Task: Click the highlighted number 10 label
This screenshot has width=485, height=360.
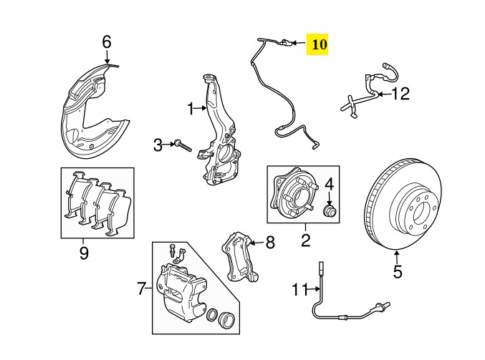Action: pos(318,44)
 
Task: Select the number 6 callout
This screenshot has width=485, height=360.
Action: pos(107,42)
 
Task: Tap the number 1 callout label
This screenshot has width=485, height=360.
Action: pos(191,109)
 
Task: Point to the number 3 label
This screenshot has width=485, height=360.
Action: pos(158,145)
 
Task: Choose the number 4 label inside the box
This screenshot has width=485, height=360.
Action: pos(329,186)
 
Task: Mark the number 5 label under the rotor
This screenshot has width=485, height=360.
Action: pos(398,272)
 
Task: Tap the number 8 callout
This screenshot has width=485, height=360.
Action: pos(269,243)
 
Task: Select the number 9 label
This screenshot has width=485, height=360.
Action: pos(83,252)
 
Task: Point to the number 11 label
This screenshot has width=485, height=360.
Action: pos(299,289)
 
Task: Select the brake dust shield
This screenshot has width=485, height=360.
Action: pos(90,107)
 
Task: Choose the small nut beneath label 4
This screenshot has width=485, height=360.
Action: pos(330,211)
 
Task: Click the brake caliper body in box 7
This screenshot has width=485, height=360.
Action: pos(183,290)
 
